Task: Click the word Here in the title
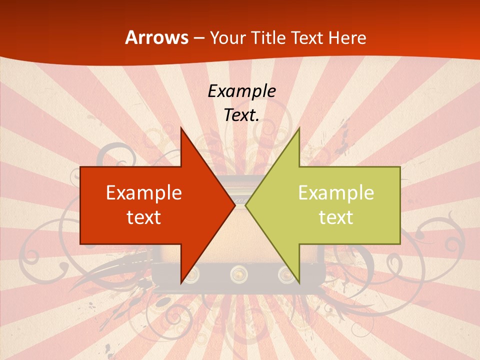pos(348,37)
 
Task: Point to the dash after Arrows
pos(198,38)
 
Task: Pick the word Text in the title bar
pos(308,37)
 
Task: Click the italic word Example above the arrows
pos(241,91)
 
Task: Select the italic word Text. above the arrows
pos(241,115)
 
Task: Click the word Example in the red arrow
pos(144,192)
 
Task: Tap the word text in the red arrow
pos(144,217)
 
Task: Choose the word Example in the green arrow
pos(336,192)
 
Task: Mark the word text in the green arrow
pos(336,217)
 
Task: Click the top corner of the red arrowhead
pos(181,128)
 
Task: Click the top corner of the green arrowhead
pos(298,128)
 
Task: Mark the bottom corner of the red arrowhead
pos(181,282)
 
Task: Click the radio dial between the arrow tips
pos(240,202)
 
